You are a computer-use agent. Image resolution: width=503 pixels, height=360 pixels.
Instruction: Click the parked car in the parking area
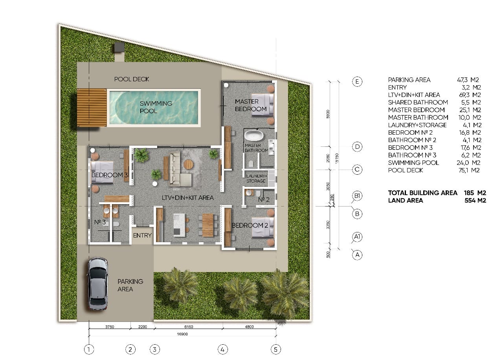pos(98,283)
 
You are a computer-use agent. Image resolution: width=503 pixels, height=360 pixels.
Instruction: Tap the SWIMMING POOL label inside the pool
pos(156,107)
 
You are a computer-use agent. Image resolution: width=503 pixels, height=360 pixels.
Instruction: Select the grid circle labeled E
pos(357,81)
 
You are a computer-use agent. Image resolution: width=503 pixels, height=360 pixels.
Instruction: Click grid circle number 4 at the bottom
pos(222,349)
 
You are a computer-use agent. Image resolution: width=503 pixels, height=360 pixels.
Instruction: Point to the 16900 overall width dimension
pos(182,334)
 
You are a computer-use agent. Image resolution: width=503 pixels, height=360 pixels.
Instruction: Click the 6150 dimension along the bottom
pos(189,327)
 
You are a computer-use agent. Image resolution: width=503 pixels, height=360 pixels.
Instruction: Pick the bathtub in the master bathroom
pos(254,136)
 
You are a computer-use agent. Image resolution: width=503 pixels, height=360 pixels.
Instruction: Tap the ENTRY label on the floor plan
pos(142,235)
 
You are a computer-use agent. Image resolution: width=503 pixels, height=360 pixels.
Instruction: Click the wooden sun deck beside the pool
pos(92,108)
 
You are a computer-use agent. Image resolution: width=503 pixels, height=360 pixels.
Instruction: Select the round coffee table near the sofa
pos(188,164)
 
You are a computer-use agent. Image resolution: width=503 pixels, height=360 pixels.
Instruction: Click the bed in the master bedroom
pos(263,105)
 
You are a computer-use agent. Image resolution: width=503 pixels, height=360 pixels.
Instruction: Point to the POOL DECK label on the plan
pos(132,79)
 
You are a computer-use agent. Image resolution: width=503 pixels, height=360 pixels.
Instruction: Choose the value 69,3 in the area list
pos(464,95)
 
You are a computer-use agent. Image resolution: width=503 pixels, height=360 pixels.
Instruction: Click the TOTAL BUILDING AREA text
pos(422,193)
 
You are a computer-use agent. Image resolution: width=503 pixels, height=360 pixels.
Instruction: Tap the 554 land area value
pos(470,200)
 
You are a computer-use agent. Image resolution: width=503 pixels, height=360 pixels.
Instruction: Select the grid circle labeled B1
pos(357,196)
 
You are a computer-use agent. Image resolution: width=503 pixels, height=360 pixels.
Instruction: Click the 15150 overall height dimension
pos(337,158)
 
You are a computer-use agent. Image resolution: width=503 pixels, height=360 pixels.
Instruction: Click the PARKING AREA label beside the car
pos(130,285)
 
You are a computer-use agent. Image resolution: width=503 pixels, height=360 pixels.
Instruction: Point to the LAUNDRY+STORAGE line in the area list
pos(435,125)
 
